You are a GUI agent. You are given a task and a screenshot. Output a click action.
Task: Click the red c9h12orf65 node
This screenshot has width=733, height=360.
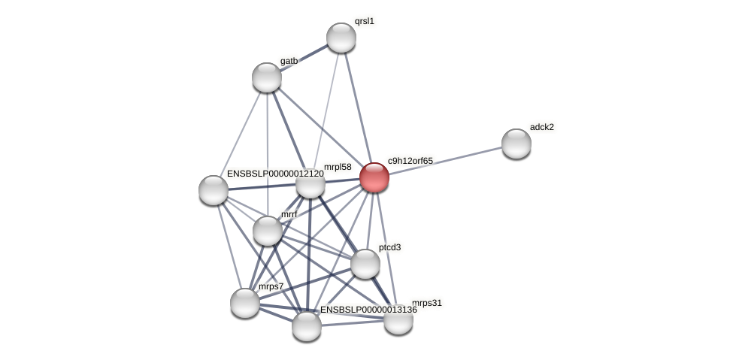click(x=374, y=177)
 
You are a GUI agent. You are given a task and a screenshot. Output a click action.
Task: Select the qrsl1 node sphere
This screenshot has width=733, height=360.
click(x=341, y=38)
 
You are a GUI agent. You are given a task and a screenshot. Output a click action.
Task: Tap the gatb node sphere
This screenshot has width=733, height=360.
click(x=267, y=77)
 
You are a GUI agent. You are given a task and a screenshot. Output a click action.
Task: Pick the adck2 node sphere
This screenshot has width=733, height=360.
click(x=516, y=144)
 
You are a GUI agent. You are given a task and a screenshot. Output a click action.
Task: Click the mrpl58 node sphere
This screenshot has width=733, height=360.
click(x=310, y=183)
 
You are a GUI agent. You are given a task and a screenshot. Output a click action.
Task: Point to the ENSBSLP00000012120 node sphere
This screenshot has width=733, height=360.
click(x=214, y=189)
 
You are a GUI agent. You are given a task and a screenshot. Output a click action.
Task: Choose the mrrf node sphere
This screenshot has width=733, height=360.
click(x=268, y=230)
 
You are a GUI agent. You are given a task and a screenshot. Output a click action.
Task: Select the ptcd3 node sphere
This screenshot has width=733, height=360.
click(x=365, y=264)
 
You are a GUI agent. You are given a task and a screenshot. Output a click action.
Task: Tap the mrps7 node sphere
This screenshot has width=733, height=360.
click(x=245, y=302)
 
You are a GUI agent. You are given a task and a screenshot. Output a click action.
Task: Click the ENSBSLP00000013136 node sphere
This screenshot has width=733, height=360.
click(x=307, y=326)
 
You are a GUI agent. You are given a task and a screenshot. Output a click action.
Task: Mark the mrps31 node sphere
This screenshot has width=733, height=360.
click(x=398, y=319)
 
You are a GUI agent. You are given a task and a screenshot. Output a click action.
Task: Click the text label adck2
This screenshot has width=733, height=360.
click(x=541, y=127)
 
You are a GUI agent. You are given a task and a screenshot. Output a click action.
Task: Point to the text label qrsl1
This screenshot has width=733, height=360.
click(x=365, y=21)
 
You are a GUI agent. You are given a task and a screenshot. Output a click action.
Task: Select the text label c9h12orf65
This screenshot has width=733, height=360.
click(x=410, y=160)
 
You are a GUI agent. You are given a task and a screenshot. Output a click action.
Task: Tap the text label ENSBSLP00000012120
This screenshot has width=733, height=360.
click(x=275, y=174)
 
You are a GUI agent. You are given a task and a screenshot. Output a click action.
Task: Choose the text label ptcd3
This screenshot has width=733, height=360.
click(x=389, y=247)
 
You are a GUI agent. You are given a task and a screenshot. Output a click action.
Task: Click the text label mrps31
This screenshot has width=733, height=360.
click(x=428, y=303)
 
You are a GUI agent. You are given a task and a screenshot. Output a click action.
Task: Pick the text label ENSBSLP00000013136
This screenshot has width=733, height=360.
click(x=368, y=310)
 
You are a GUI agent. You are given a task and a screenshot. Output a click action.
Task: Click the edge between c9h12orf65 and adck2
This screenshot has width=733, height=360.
click(x=445, y=160)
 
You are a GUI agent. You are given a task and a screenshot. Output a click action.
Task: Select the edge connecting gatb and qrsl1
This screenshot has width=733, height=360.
click(x=304, y=57)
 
